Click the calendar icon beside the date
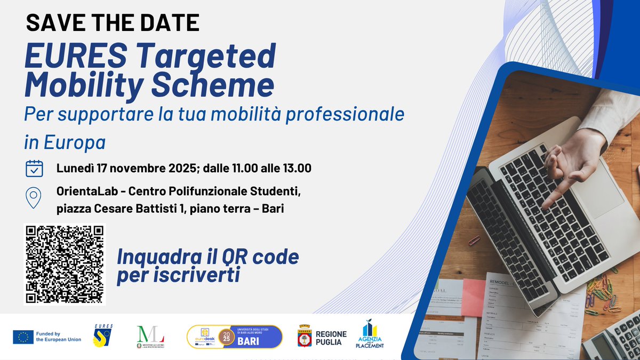[34, 168]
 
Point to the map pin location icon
[34, 197]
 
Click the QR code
[65, 264]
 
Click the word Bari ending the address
[273, 209]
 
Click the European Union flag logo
[23, 337]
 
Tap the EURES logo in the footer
[102, 337]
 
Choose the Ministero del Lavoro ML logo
[151, 337]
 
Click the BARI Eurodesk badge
[234, 337]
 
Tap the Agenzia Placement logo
[370, 335]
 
